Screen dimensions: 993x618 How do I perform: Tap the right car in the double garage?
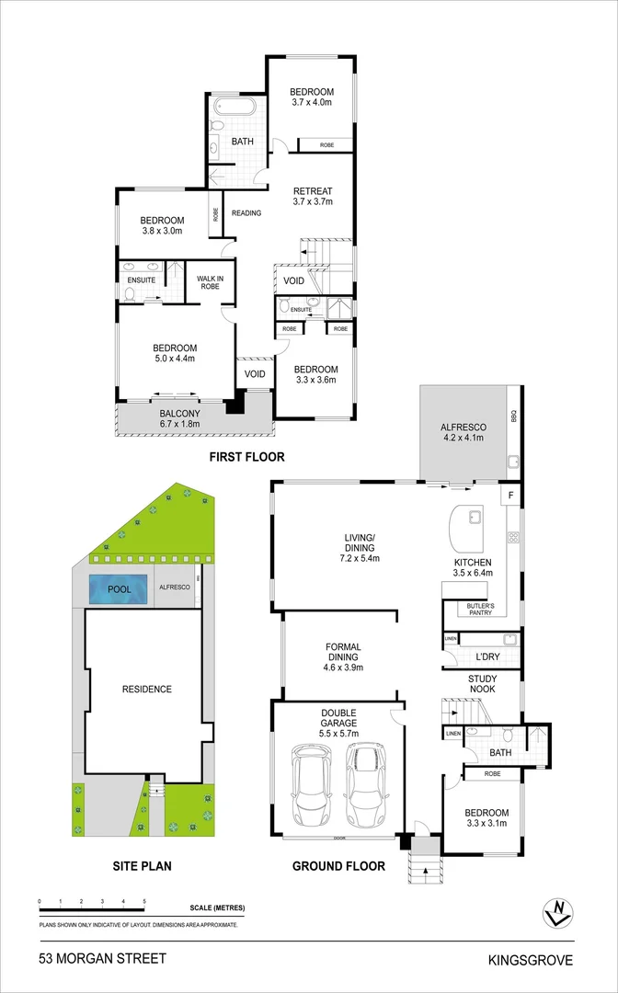(364, 785)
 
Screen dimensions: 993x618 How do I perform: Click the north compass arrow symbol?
(556, 912)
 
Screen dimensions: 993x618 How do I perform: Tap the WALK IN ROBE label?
(204, 280)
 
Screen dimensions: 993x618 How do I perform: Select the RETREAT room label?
(313, 197)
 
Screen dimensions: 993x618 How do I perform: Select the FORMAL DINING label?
(343, 657)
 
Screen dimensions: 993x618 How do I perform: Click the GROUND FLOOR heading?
(338, 865)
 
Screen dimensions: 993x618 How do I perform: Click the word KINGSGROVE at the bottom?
(532, 961)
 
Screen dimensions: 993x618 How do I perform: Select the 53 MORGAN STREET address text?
(103, 959)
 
